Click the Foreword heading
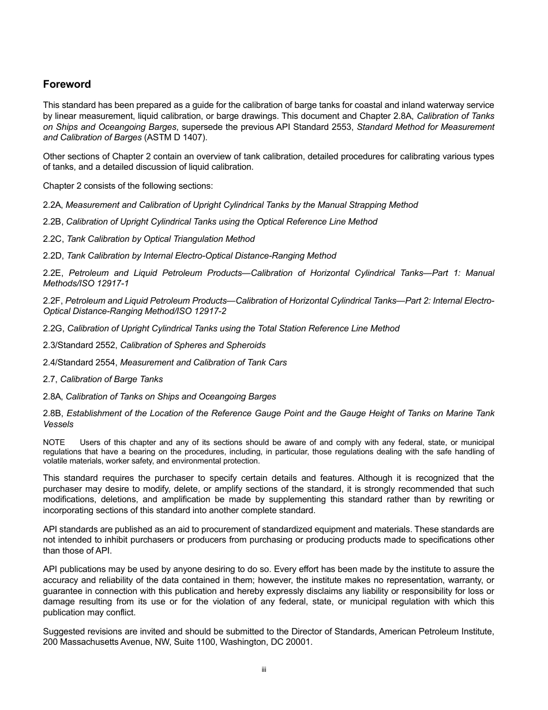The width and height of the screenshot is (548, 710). (67, 84)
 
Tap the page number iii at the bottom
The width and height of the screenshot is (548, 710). (264, 670)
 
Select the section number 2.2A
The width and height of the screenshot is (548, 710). (53, 205)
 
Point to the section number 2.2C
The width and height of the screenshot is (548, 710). (54, 239)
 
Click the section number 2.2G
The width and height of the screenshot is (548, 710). (54, 328)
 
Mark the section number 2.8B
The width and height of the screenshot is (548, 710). (53, 413)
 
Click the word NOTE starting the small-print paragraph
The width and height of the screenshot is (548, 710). (54, 443)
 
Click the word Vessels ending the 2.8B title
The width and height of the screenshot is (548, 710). (58, 424)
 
